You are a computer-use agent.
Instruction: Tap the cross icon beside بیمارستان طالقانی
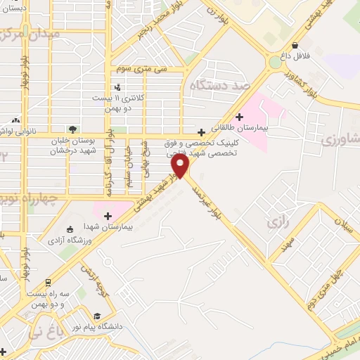tap(240, 117)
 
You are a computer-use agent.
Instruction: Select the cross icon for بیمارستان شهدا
tap(108, 215)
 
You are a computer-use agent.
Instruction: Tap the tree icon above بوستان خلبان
tap(72, 129)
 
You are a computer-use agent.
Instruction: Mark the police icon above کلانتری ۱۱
tap(117, 87)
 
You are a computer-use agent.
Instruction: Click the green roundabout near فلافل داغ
tap(274, 62)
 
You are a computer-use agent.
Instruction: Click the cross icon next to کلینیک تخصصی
tap(202, 131)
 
